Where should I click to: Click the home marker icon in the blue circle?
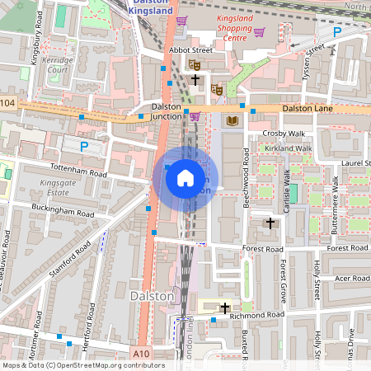click(x=185, y=177)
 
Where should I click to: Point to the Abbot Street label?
click(x=190, y=50)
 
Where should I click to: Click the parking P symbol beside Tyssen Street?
click(x=336, y=31)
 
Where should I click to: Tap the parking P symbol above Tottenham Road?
click(x=83, y=146)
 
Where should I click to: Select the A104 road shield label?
click(x=7, y=102)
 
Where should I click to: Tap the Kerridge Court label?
click(x=58, y=65)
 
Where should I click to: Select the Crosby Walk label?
click(x=284, y=134)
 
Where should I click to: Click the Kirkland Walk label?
click(x=288, y=148)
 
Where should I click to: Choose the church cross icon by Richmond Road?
click(x=224, y=308)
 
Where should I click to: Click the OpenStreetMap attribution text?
click(x=82, y=365)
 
